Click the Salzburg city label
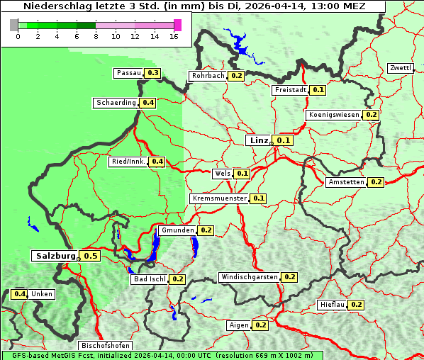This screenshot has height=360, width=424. click(55, 255)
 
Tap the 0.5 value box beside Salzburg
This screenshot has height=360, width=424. click(89, 256)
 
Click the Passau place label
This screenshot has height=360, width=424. click(129, 73)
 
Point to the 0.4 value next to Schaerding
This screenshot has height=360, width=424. click(147, 103)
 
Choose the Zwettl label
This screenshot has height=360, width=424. click(400, 68)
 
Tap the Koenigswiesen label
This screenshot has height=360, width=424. click(334, 115)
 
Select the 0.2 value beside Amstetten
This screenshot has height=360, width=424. click(376, 182)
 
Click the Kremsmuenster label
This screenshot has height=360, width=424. click(219, 198)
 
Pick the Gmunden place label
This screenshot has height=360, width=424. click(177, 230)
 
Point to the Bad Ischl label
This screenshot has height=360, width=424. click(150, 279)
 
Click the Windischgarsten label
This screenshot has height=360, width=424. click(249, 277)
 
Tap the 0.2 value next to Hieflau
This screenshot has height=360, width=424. click(356, 305)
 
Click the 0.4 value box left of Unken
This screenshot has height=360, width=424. click(20, 294)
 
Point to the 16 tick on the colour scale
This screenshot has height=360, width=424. click(174, 36)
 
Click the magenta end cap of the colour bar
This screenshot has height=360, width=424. click(177, 25)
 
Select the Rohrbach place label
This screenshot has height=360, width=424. click(208, 76)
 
